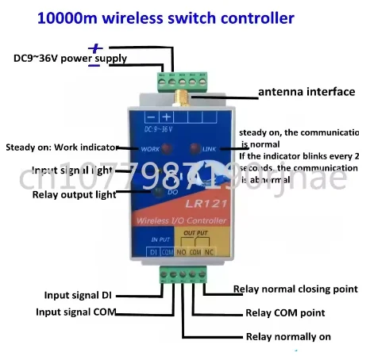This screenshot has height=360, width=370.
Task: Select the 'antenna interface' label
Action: (x=306, y=92)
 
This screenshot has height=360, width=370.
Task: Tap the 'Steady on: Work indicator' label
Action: (x=61, y=147)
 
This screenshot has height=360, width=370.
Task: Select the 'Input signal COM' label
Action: (x=79, y=312)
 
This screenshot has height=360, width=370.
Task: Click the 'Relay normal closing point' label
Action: (x=295, y=289)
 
